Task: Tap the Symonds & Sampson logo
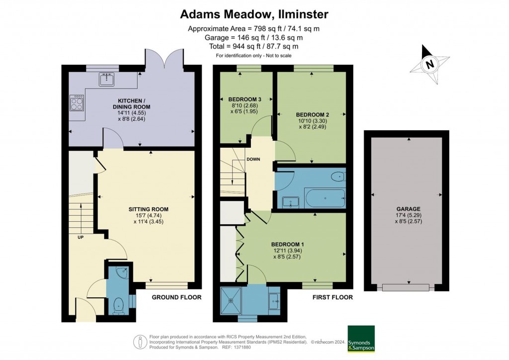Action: coord(361,339)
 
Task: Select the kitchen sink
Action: coord(106,79)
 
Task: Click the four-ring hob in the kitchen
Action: coord(78,103)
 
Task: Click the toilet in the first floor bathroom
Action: coord(338,176)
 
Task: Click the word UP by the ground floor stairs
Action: coord(80,237)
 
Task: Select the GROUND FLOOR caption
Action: coord(176,297)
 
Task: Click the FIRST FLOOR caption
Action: coord(333,297)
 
